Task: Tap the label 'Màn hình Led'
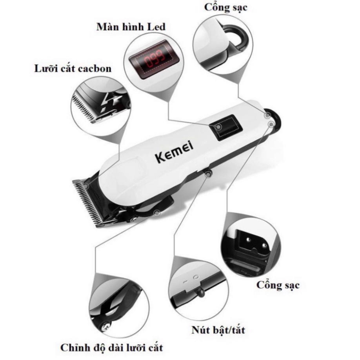[x=131, y=27]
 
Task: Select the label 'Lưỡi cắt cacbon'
[x=73, y=69]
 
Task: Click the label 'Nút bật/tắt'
[x=218, y=330]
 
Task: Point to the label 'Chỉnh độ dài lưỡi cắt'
[x=112, y=347]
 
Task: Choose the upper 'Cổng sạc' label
[x=226, y=7]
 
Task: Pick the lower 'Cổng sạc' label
[x=278, y=285]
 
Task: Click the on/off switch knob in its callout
[x=199, y=292]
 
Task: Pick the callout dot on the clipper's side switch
[x=208, y=175]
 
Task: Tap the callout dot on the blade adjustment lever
[x=157, y=213]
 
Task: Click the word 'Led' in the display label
[x=156, y=27]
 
